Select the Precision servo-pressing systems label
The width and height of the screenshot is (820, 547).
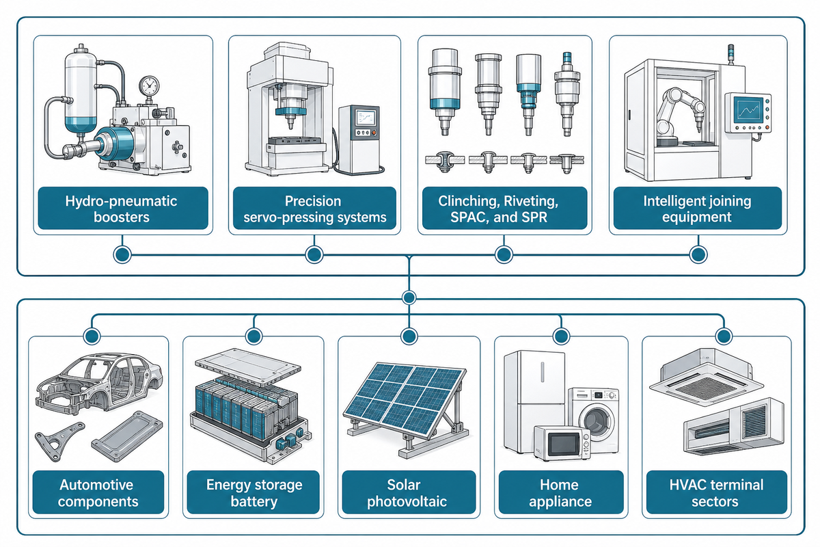[314, 208]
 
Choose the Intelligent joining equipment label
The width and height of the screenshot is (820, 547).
[698, 208]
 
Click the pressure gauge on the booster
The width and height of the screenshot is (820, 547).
[149, 86]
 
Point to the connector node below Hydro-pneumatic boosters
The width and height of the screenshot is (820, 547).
[122, 254]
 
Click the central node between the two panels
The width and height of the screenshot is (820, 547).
[409, 297]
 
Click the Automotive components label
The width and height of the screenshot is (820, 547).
[98, 492]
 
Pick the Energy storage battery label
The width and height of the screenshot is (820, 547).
[254, 492]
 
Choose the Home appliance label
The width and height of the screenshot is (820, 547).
[561, 492]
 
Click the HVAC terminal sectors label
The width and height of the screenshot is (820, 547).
[716, 492]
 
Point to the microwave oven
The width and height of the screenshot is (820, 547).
[562, 443]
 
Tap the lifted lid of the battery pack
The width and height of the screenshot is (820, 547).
[248, 367]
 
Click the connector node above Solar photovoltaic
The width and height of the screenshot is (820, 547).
[409, 336]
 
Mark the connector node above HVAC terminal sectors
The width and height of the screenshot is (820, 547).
[724, 336]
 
